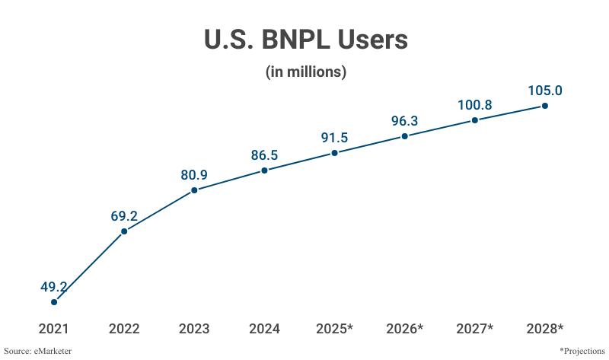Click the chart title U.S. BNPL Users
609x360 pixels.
coord(305,40)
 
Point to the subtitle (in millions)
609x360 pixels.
coord(305,72)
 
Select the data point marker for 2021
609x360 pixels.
coord(54,302)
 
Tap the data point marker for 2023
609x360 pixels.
coord(194,190)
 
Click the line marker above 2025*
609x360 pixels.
coord(334,153)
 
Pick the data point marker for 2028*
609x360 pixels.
coord(545,106)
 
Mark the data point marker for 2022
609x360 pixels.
coord(124,231)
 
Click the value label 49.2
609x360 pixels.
coord(54,287)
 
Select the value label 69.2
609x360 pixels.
coord(124,215)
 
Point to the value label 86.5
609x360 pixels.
coord(264,155)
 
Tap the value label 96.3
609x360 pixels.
coord(404,121)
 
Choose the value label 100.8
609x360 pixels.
coord(475,105)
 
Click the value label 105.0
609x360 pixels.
coord(545,91)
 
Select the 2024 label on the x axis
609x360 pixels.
coord(264,329)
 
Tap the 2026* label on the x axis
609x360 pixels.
coord(404,329)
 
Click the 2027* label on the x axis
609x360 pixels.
coord(475,329)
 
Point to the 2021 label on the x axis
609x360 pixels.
coord(54,329)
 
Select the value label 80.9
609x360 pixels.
coord(194,174)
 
